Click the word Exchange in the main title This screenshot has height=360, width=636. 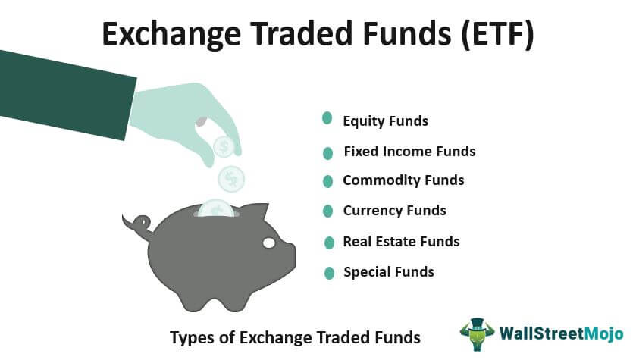(x=171, y=33)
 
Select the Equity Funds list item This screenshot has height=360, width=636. (x=385, y=121)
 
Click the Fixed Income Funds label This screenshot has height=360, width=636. (x=409, y=152)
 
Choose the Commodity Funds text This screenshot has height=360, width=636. (x=403, y=180)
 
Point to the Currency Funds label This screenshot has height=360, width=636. (x=395, y=211)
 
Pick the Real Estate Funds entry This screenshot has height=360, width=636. (x=402, y=242)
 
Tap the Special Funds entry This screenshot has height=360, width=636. (x=389, y=272)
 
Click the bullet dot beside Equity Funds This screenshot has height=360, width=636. (x=327, y=118)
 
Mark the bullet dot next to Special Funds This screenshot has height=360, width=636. (x=329, y=274)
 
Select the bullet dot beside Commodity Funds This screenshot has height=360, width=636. (x=327, y=181)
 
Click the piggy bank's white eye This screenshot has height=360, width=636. (x=269, y=243)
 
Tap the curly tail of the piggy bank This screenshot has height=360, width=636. (x=138, y=224)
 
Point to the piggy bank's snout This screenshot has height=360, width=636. (x=291, y=255)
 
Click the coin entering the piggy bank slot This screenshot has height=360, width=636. (x=216, y=208)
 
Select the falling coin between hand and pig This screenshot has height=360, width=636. (x=231, y=179)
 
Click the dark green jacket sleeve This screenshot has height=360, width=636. (x=65, y=95)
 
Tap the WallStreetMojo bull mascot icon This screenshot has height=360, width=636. (x=478, y=333)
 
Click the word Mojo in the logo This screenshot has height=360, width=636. (x=604, y=334)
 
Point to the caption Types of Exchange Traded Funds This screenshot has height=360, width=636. (x=296, y=338)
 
